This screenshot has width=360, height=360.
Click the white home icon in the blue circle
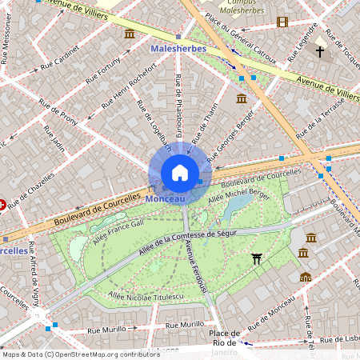(x=180, y=174)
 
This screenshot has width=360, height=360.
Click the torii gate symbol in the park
(x=256, y=258)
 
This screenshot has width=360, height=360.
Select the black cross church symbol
(x=320, y=52)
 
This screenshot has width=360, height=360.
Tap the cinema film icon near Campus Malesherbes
(x=282, y=22)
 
